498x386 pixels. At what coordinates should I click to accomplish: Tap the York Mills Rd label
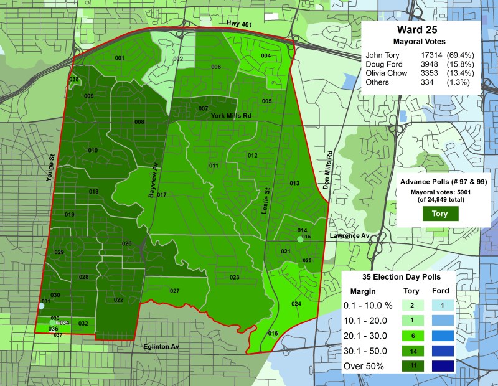(230, 116)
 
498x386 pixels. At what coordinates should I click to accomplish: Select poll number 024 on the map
(296, 304)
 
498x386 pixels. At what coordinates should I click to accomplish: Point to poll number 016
(273, 334)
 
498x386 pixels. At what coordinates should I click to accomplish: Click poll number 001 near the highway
(120, 58)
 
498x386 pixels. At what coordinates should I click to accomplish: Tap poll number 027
(174, 291)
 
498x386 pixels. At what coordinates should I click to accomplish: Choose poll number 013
(294, 183)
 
